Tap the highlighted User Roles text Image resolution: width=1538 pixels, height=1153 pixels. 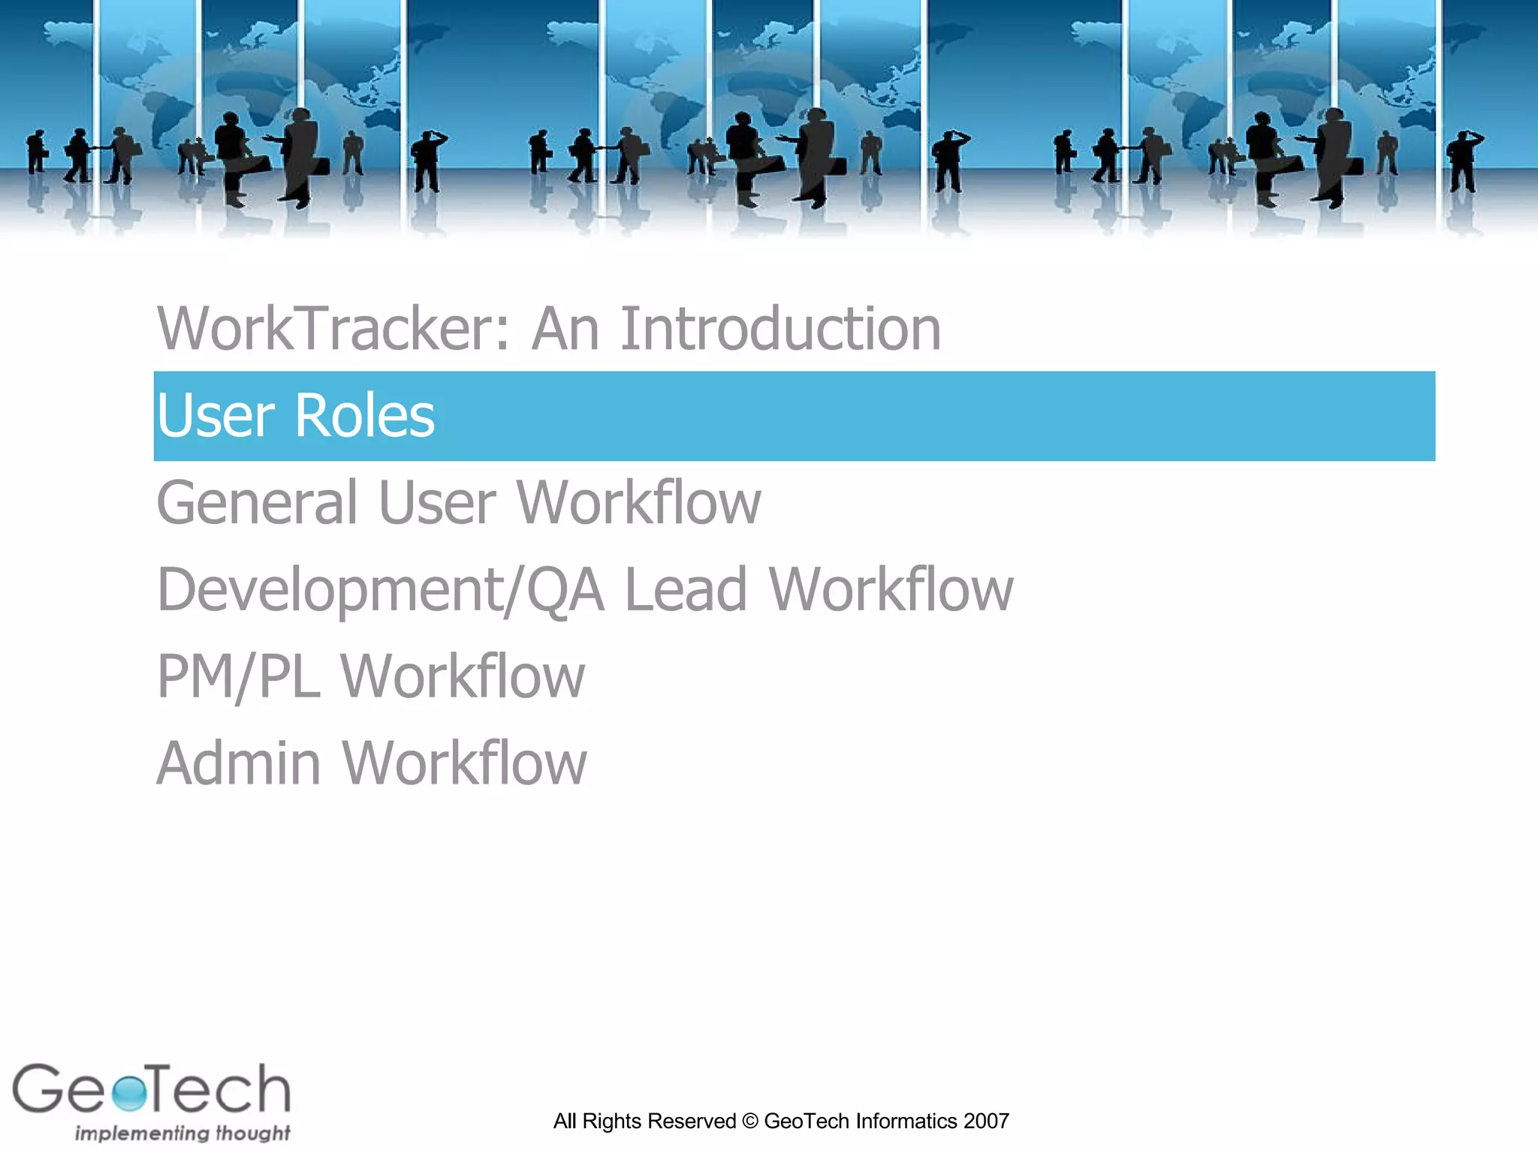coord(295,416)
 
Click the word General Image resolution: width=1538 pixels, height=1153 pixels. coord(257,502)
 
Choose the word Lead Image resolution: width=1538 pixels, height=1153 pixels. coord(686,590)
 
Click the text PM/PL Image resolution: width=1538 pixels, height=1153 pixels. coord(238,676)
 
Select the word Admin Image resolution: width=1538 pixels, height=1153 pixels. coord(239,763)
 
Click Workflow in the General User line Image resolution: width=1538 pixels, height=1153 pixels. coord(639,502)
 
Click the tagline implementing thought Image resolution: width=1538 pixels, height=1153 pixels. coord(182,1133)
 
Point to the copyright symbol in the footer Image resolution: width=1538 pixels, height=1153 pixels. coord(749,1121)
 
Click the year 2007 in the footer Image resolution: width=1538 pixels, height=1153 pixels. coord(986,1121)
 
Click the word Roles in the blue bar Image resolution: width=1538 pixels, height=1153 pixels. coord(365,416)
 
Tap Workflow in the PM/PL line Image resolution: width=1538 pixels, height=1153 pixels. coord(463,676)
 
